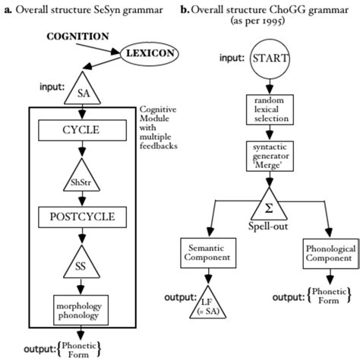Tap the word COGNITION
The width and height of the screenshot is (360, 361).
(x=78, y=36)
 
